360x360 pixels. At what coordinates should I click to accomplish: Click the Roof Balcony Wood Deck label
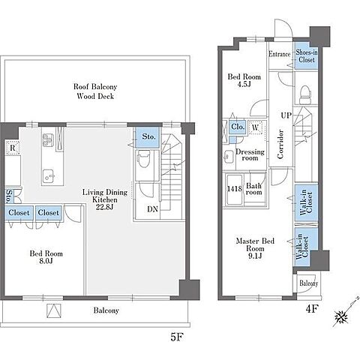point(95,91)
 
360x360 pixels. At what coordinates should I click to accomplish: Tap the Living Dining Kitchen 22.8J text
point(105,199)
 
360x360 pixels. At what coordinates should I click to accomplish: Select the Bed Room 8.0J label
point(46,257)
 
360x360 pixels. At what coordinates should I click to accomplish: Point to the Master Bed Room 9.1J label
point(255,248)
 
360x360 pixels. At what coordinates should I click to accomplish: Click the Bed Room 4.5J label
point(244,80)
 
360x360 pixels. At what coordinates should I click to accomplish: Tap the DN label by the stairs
point(152,209)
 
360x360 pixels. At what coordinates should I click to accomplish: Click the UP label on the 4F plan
point(286,115)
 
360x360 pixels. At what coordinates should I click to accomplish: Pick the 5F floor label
point(177,337)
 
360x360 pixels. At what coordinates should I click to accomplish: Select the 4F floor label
point(312,309)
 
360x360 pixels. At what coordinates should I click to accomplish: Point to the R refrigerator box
point(13,148)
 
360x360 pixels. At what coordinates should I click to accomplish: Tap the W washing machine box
point(255,127)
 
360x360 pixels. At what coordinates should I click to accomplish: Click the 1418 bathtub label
point(235,188)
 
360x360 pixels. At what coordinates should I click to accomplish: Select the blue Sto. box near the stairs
point(148,137)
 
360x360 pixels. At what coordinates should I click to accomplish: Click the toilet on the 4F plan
point(305,94)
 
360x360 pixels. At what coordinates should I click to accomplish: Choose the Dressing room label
point(250,155)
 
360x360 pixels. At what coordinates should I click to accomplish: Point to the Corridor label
point(280,144)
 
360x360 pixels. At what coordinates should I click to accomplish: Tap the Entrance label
point(280,54)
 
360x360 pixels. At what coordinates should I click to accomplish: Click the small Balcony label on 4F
point(309,283)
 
